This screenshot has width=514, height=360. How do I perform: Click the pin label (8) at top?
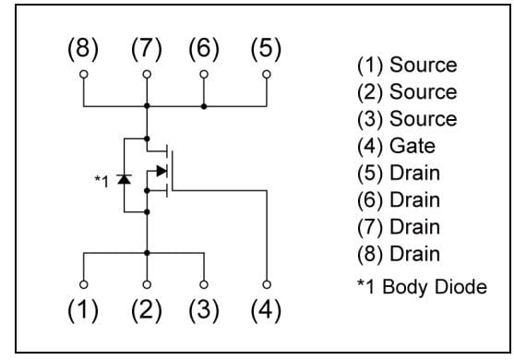click(83, 50)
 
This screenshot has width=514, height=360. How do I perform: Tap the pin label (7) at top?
click(146, 50)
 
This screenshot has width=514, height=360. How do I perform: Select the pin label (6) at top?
click(204, 50)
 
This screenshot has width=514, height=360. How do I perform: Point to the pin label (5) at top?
click(267, 50)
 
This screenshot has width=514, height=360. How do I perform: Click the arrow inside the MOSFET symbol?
click(161, 171)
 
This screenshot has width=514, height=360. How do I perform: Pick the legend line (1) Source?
click(406, 66)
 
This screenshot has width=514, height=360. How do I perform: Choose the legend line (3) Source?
click(406, 119)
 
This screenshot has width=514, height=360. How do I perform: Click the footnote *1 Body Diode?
click(421, 287)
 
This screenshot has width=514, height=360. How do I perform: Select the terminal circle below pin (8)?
click(83, 74)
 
